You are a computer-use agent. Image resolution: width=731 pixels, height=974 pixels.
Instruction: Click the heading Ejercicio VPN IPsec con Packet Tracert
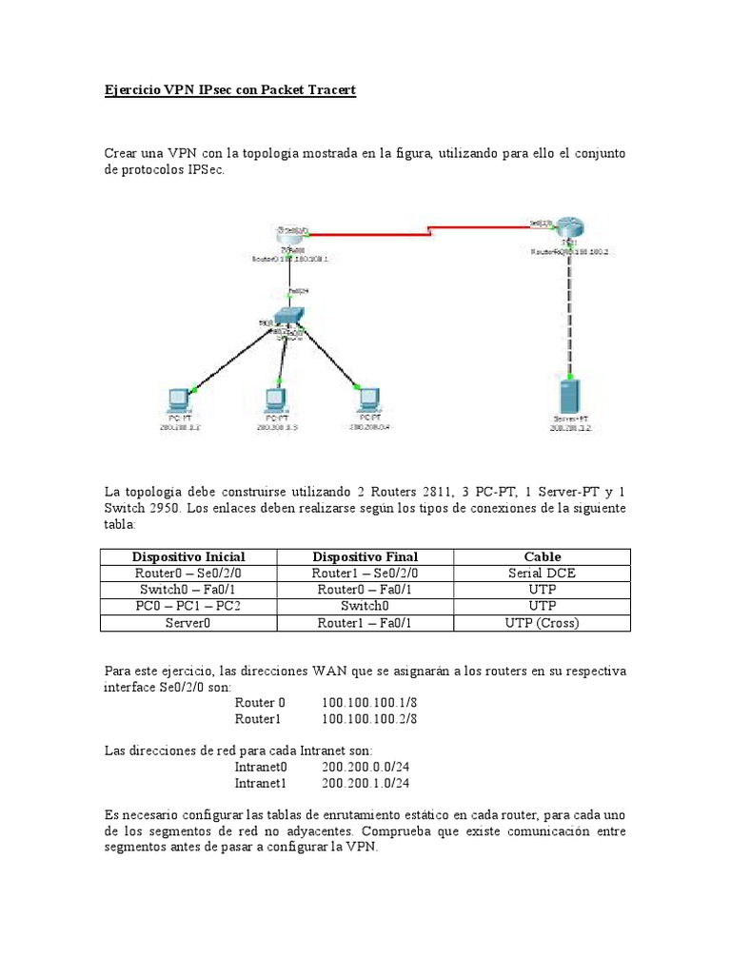229,91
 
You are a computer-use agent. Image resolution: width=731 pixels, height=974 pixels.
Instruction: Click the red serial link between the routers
428,229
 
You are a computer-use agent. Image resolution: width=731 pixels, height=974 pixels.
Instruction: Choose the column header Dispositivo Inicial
188,556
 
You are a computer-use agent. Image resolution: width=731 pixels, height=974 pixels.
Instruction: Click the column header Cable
543,556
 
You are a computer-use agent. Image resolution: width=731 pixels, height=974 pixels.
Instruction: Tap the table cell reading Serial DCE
543,574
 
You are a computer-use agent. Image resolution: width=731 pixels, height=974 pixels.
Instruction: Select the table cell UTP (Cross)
543,623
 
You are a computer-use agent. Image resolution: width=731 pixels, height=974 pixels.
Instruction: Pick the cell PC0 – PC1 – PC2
188,606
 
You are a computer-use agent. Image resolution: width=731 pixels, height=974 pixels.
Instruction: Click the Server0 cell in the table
188,623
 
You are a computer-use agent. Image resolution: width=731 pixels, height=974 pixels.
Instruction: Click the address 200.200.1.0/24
365,784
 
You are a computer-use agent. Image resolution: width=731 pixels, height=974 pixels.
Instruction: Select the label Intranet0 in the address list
261,767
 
